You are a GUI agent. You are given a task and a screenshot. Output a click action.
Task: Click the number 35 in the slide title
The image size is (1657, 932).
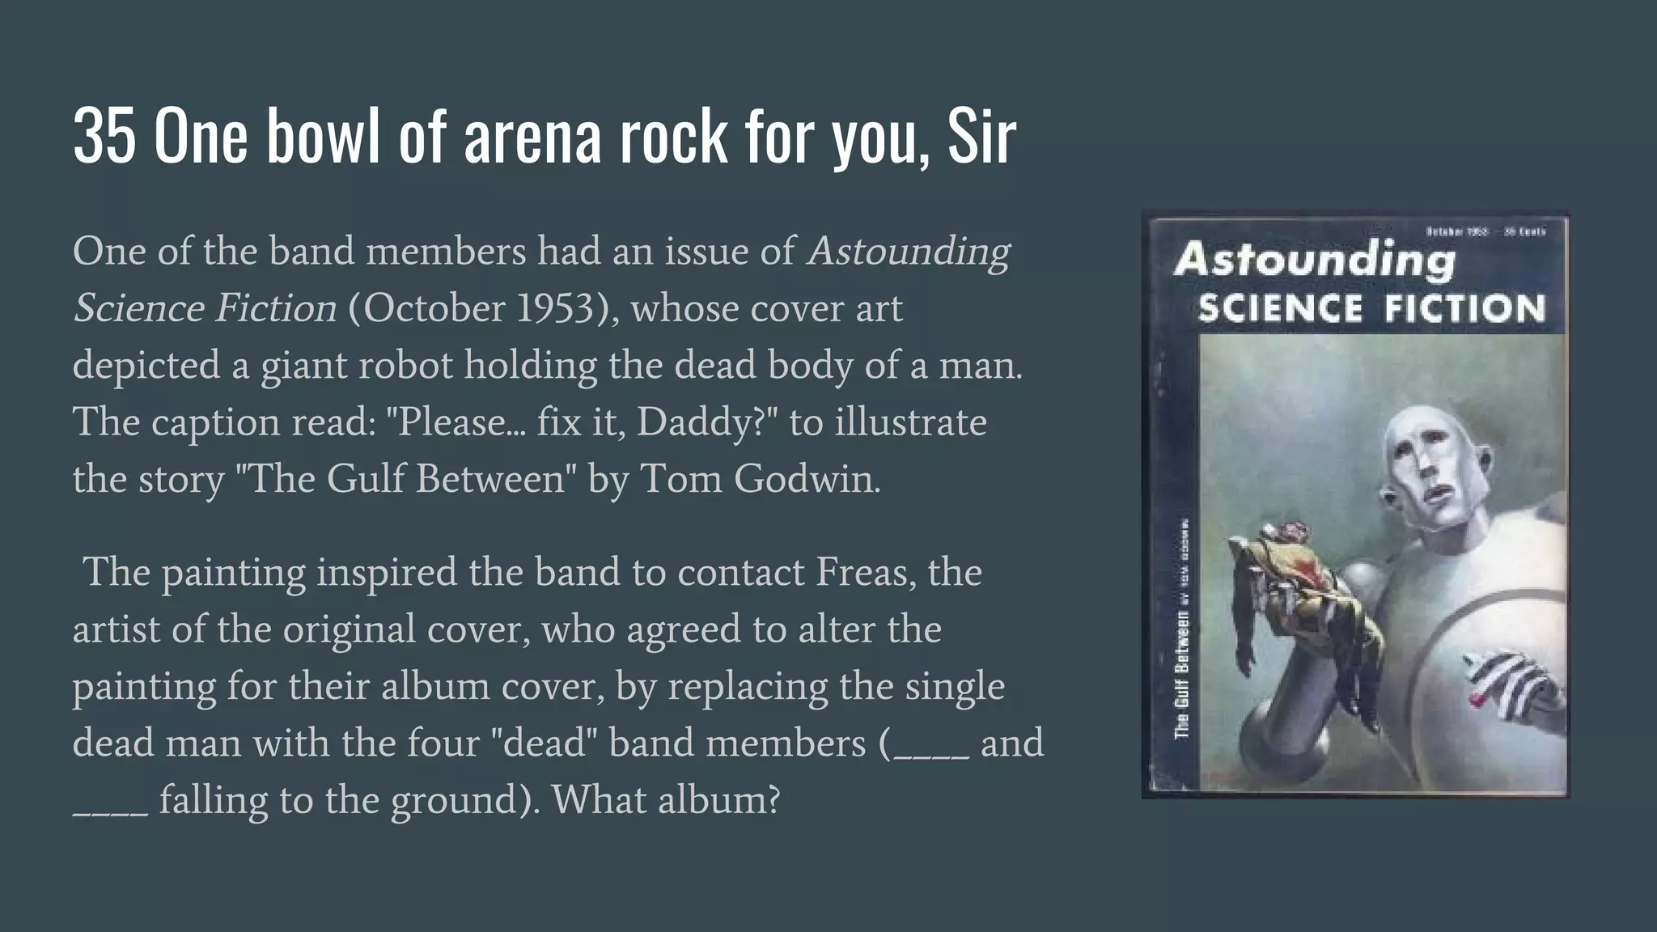[103, 137]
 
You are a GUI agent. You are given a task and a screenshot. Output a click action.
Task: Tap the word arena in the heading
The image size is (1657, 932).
[532, 137]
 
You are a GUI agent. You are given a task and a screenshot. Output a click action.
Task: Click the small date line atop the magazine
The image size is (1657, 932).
[1485, 231]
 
